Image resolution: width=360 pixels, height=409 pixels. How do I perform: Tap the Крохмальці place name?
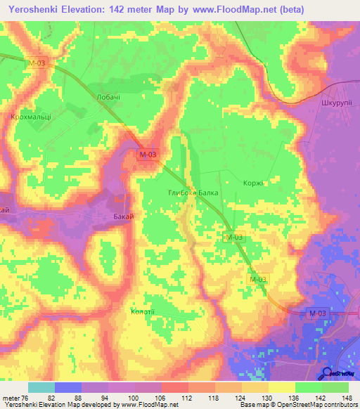pyautogui.click(x=31, y=118)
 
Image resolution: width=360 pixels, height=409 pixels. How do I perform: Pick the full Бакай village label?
pyautogui.click(x=124, y=219)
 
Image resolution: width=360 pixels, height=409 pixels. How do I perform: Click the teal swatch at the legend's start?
pyautogui.click(x=41, y=388)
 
